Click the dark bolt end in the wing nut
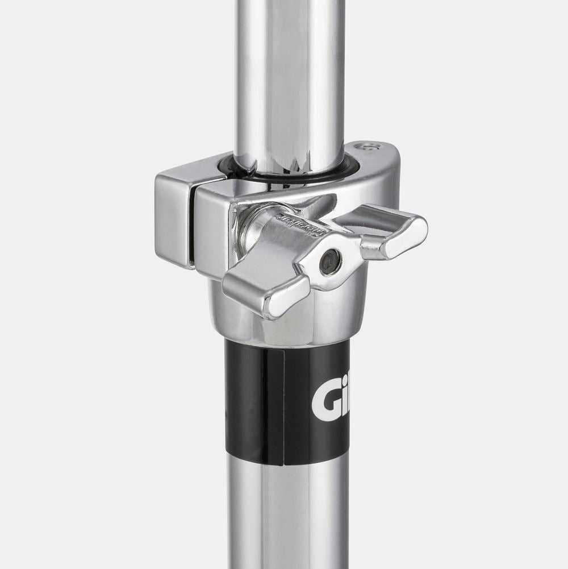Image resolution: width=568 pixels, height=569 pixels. pyautogui.click(x=330, y=261)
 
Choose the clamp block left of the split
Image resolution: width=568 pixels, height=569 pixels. pyautogui.click(x=173, y=219)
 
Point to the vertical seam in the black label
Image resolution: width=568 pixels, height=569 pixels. pyautogui.click(x=283, y=404)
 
